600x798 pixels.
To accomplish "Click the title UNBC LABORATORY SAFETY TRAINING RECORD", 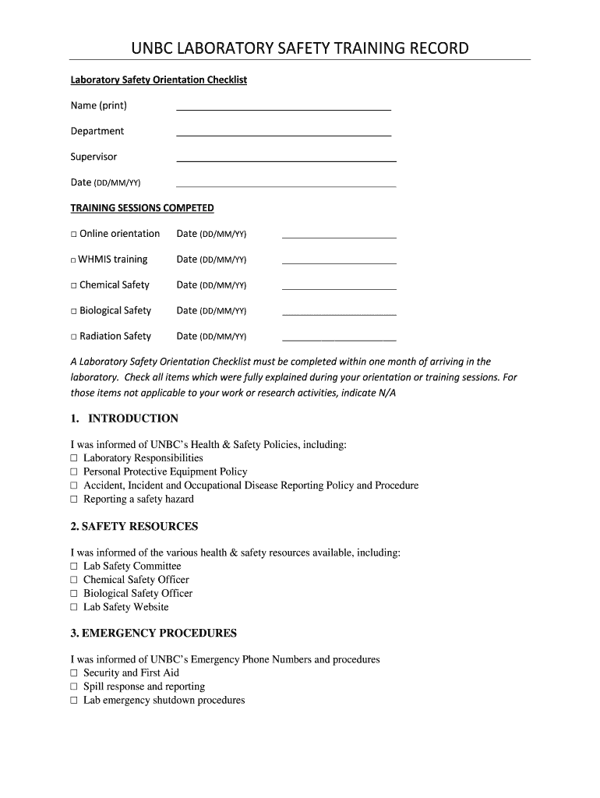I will [x=300, y=48].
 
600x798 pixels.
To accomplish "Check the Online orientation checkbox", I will [x=74, y=234].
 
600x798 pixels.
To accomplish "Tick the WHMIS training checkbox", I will [x=74, y=260].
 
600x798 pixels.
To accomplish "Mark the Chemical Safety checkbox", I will [x=74, y=285].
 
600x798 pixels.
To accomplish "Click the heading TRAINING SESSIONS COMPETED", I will [x=142, y=208].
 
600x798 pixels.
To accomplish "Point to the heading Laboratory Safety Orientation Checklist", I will [x=158, y=79].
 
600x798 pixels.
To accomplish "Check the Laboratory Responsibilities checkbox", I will [x=75, y=458].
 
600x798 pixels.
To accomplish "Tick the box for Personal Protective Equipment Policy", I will [x=75, y=472].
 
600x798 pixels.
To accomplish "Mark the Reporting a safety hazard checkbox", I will [x=75, y=500].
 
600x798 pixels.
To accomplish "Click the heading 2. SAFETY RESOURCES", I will [x=134, y=526].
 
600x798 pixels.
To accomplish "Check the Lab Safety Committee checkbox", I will [x=75, y=567].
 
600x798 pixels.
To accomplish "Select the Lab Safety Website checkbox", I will [x=75, y=607].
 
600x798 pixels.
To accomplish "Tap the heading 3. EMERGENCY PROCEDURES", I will [x=154, y=633].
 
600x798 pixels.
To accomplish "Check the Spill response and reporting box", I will [x=75, y=687].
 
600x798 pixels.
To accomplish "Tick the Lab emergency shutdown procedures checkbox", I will [x=75, y=701].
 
